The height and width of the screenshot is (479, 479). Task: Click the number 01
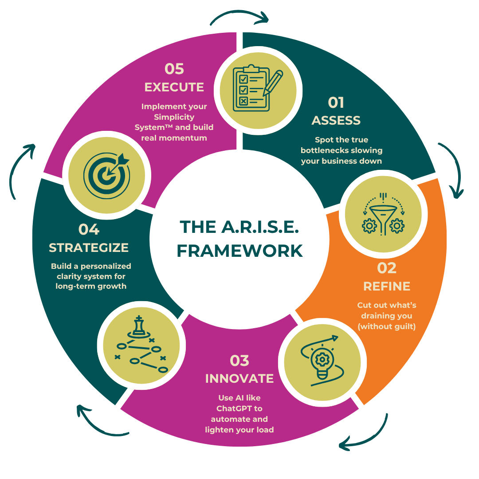point(336,102)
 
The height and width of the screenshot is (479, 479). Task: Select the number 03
point(239,361)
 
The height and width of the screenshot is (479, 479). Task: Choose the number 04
point(89,229)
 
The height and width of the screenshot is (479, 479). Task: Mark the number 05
point(174,69)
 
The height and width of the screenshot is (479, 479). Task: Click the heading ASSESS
point(336,121)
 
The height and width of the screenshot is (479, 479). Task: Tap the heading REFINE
point(387,286)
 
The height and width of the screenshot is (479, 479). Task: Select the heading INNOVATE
point(239,379)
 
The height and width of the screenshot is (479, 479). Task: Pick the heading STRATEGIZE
point(89,247)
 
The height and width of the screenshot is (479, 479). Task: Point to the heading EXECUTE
point(174,87)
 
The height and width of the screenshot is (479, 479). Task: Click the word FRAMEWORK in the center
point(239,251)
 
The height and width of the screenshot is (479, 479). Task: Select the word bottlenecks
point(326,150)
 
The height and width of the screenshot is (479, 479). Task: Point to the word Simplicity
point(174,117)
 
